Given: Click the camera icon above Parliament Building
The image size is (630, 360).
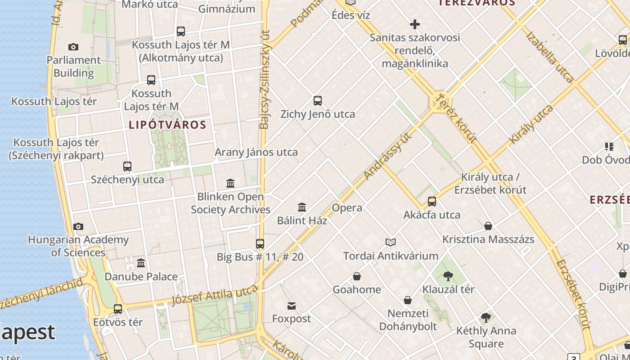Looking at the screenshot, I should click(x=73, y=47).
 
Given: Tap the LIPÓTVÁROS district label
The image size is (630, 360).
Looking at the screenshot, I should click(x=167, y=125).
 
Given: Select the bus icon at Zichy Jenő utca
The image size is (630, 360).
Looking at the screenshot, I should click(x=318, y=101).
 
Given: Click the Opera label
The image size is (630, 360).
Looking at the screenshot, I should click(x=347, y=207).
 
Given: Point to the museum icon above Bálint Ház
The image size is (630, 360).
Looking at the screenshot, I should click(x=302, y=207).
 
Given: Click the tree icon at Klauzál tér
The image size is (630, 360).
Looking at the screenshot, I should click(x=448, y=276).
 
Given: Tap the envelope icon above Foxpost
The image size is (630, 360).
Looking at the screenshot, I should click(x=292, y=306).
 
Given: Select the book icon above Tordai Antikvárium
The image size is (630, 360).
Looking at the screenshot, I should click(x=391, y=243).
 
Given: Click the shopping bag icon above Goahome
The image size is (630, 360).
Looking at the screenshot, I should click(x=357, y=276).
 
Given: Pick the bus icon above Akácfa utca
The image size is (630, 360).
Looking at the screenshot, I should click(x=432, y=201).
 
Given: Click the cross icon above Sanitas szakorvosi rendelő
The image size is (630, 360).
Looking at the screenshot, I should click(x=415, y=24).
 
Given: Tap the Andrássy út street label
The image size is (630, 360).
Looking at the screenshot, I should click(x=388, y=156).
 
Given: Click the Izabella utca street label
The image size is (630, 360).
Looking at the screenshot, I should click(x=549, y=57).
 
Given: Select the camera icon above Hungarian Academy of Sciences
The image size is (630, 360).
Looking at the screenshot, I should click(x=78, y=226).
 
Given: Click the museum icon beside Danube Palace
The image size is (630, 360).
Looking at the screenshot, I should click(x=141, y=263).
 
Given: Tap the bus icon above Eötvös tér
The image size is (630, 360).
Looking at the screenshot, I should click(x=118, y=309).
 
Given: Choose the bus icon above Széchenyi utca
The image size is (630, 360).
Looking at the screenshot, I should click(x=127, y=166).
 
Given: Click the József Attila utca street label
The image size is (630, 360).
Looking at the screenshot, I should click(x=215, y=295).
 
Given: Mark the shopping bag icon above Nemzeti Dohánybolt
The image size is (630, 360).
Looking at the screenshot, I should click(x=408, y=300).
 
